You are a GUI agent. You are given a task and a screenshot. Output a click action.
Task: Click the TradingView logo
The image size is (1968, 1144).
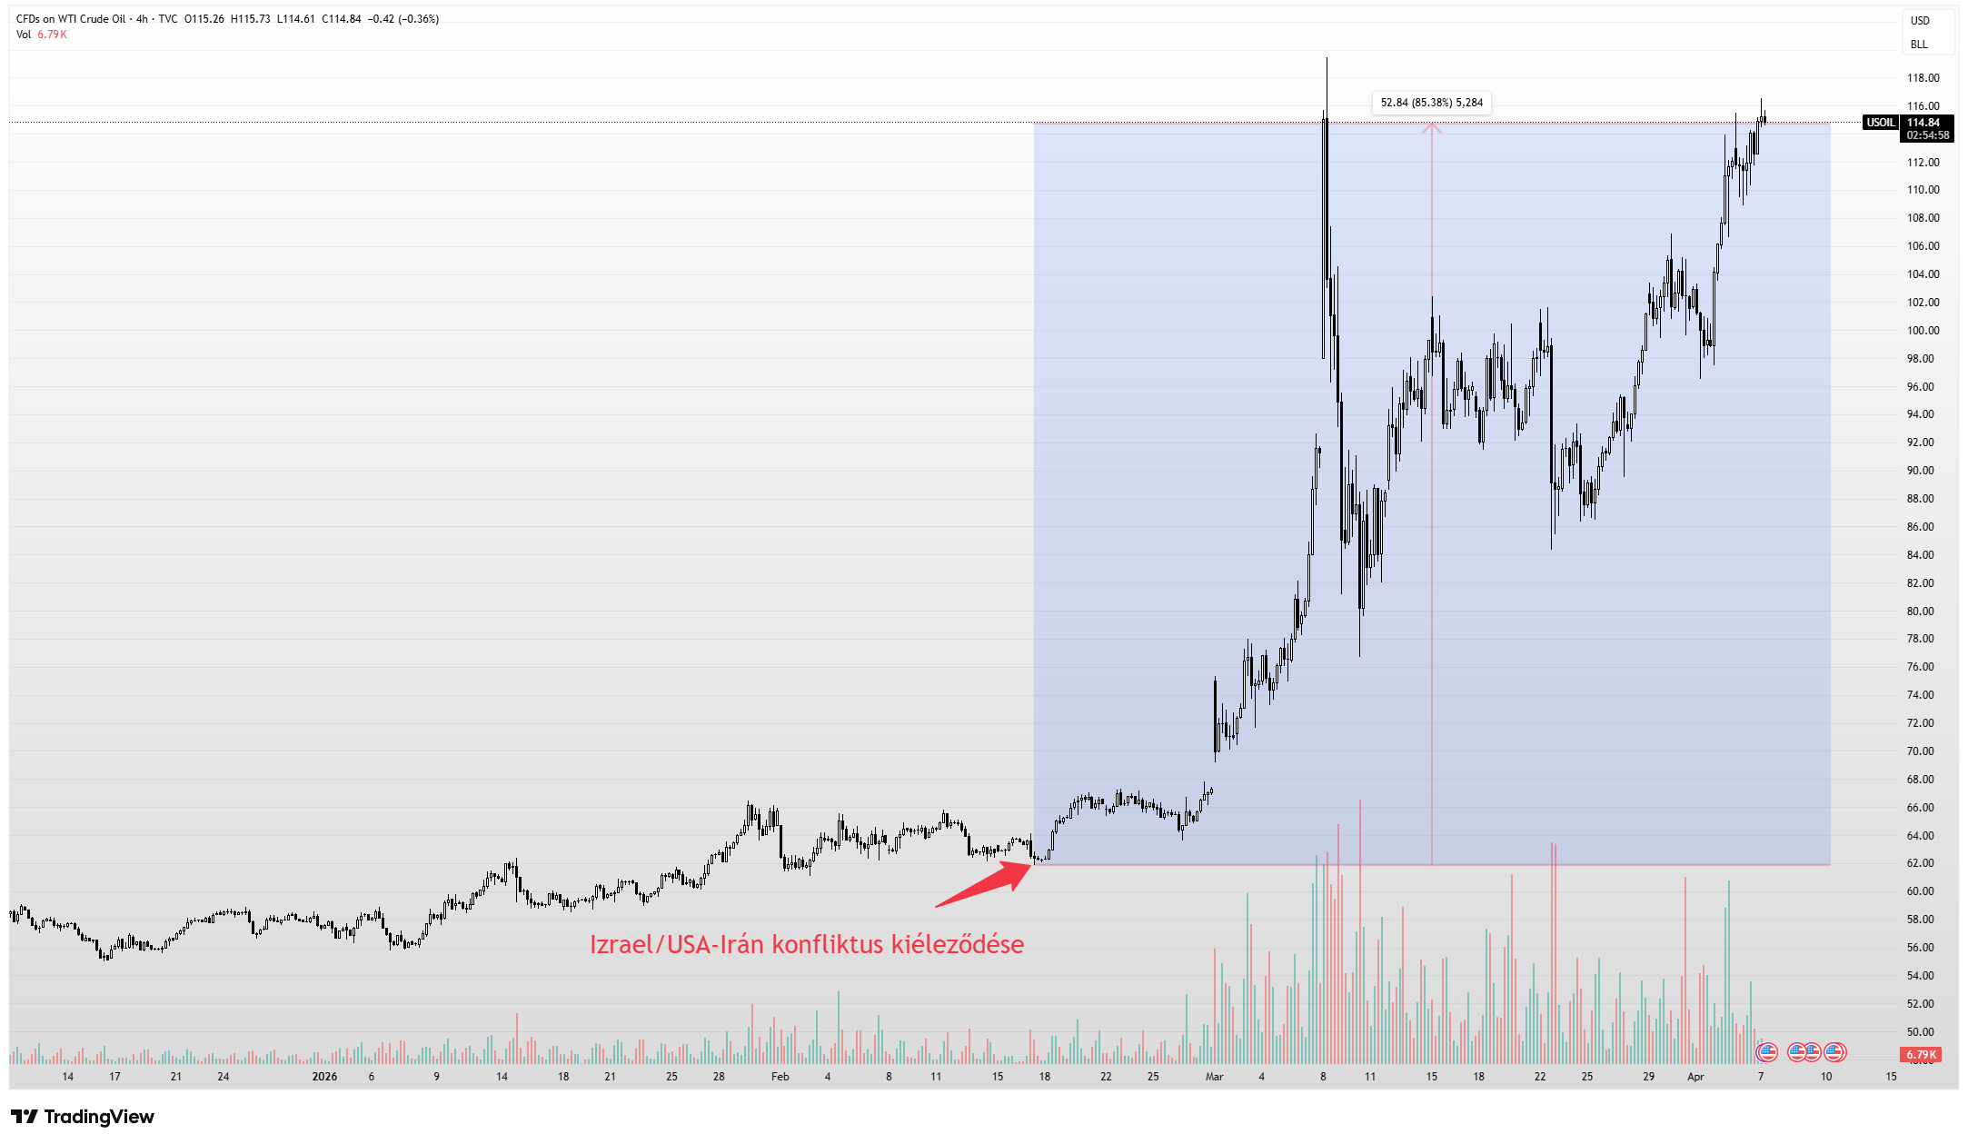(x=83, y=1117)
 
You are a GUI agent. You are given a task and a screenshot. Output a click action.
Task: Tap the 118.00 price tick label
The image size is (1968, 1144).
(x=1923, y=78)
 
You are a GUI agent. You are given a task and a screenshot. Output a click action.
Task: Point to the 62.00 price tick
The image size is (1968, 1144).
(x=1921, y=863)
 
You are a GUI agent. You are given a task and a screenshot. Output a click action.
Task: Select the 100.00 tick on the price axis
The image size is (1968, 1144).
(x=1923, y=331)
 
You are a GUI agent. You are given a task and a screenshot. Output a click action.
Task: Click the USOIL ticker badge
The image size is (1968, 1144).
(x=1879, y=123)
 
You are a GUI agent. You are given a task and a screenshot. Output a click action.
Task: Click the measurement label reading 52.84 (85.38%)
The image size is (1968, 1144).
(x=1431, y=103)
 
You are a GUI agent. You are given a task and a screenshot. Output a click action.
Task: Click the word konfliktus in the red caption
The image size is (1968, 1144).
(x=827, y=945)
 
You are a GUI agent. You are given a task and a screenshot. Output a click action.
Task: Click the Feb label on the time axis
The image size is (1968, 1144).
(x=780, y=1077)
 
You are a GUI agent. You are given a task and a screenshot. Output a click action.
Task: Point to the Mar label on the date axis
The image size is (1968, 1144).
(x=1214, y=1077)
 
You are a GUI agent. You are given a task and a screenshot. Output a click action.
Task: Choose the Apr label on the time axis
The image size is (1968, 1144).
(x=1695, y=1077)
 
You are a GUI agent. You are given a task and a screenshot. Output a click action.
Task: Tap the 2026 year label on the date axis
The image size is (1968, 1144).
(x=324, y=1077)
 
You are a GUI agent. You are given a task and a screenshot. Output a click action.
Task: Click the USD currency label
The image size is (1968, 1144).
(x=1920, y=21)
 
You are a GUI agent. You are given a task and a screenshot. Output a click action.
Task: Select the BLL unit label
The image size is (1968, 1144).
(x=1919, y=45)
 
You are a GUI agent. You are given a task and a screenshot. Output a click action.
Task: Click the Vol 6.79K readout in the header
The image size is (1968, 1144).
(x=42, y=35)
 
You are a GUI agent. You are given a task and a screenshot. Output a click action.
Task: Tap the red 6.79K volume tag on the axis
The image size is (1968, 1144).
(x=1921, y=1055)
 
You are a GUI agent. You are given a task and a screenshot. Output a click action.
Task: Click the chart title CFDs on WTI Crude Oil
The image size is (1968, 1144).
(x=71, y=19)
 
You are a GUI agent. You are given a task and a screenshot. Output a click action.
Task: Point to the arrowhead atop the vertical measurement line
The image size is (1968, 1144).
(x=1432, y=128)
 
